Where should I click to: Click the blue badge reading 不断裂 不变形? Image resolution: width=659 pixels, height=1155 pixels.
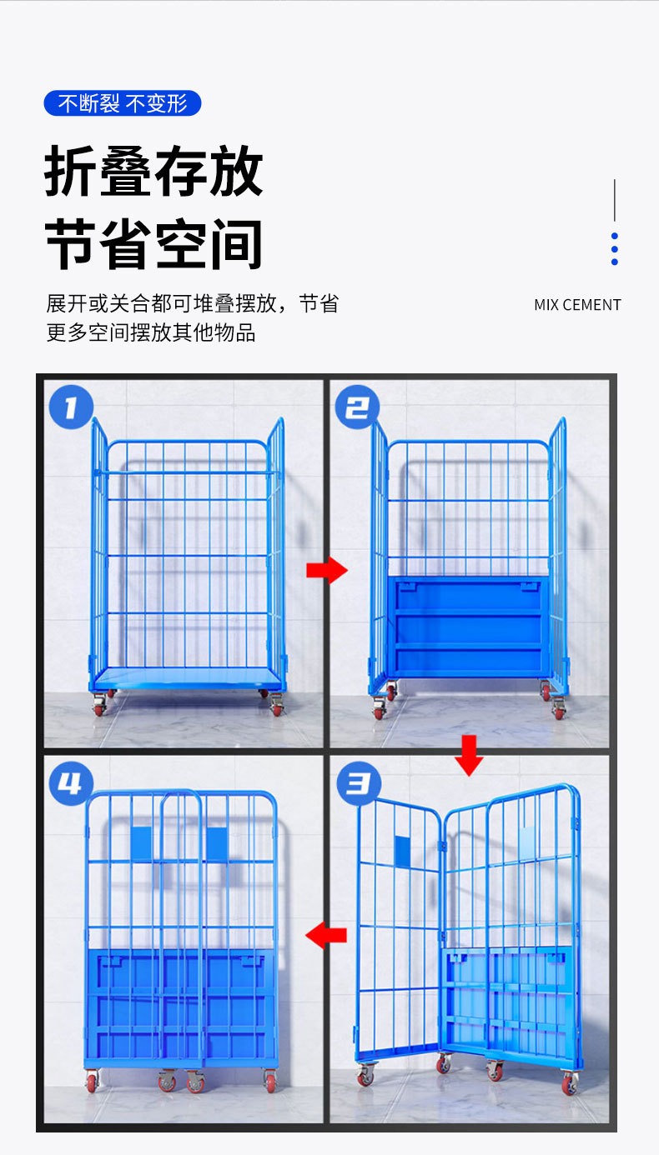(123, 103)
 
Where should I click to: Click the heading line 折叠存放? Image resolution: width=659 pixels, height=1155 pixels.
(153, 171)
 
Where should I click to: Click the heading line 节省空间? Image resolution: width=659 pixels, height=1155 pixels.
(153, 243)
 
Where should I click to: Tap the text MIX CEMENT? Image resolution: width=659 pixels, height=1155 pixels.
(577, 305)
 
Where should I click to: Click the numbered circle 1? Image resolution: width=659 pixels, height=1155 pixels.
(71, 407)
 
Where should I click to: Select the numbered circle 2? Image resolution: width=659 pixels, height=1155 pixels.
(357, 407)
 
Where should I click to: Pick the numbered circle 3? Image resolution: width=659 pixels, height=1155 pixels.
(359, 783)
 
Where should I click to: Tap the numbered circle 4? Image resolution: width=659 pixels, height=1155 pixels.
(71, 783)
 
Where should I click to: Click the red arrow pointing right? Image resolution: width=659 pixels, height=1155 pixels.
(327, 570)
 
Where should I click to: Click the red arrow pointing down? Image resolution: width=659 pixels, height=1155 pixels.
(469, 755)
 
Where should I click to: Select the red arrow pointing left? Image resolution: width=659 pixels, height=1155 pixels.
(326, 935)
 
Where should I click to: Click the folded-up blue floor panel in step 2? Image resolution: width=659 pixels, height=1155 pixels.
(469, 627)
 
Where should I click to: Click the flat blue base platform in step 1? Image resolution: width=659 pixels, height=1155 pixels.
(187, 679)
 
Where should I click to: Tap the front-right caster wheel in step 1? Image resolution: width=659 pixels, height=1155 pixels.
(277, 705)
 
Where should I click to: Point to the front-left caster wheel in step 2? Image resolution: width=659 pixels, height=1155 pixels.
(379, 708)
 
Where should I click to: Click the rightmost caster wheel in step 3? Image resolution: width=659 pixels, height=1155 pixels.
(570, 1082)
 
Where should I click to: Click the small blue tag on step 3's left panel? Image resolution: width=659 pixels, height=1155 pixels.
(402, 851)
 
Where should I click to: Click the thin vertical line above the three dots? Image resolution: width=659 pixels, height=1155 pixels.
(614, 200)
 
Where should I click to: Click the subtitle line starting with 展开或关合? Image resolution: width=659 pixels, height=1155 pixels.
(193, 303)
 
